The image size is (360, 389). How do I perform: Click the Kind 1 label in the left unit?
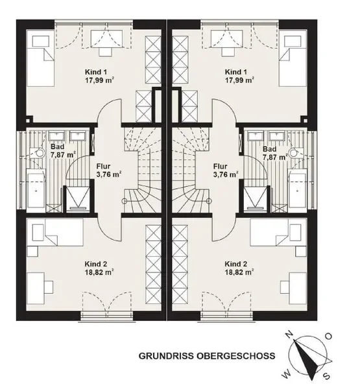[96, 72]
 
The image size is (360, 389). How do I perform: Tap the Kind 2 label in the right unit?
[236, 264]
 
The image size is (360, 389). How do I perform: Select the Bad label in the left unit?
[57, 147]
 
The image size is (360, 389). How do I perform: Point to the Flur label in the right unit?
[221, 166]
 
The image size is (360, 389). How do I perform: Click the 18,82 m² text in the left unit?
[99, 272]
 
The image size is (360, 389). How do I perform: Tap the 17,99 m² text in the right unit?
[239, 80]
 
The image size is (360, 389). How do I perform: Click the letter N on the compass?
[289, 335]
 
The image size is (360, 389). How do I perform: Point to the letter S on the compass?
[327, 376]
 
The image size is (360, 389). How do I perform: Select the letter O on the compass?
[328, 336]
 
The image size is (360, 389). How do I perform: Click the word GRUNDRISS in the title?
[166, 356]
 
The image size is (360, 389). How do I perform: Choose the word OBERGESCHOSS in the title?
[236, 356]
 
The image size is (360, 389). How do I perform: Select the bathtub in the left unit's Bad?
[36, 191]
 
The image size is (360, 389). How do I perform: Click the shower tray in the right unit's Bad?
[256, 200]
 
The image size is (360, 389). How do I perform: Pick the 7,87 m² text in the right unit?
[275, 158]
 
